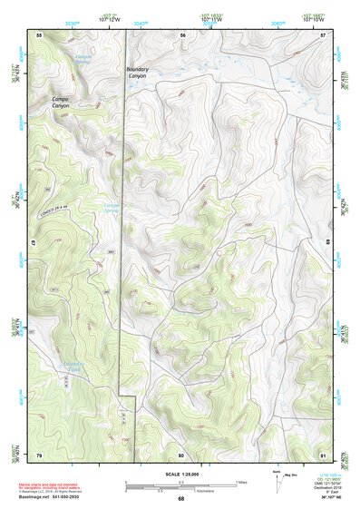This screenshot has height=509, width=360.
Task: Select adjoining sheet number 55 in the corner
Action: click(39, 34)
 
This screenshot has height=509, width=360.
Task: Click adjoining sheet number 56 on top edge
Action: click(182, 34)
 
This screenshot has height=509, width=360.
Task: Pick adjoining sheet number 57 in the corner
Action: click(323, 34)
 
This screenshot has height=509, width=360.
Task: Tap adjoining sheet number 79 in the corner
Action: click(39, 454)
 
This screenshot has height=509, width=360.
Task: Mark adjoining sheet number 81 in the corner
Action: click(323, 454)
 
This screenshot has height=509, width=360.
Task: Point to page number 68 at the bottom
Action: click(181, 498)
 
